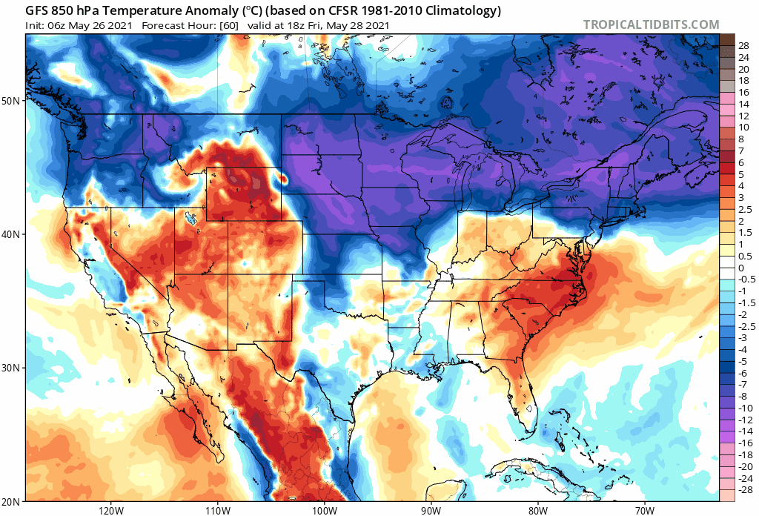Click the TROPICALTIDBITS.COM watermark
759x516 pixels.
651,24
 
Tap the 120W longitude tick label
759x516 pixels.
110,510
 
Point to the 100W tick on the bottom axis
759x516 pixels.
324,510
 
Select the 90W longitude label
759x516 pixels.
431,510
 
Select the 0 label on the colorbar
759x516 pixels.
740,268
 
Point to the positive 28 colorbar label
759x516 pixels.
743,46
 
